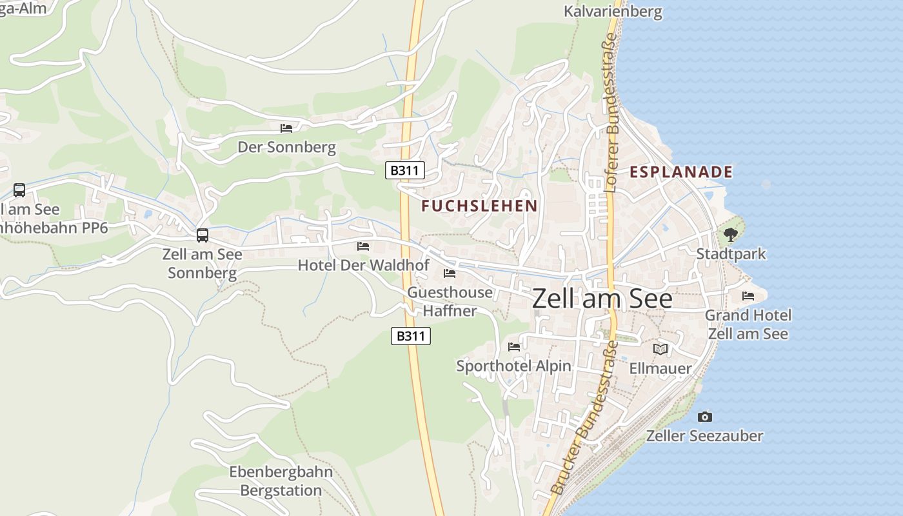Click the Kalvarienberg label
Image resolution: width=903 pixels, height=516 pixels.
(x=613, y=12)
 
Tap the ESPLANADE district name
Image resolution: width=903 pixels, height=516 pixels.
(x=681, y=172)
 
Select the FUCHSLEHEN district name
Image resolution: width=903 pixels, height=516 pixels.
(x=479, y=206)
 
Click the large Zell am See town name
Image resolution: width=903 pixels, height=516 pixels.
(x=602, y=299)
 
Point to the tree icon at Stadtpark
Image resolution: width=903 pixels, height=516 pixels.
(x=730, y=235)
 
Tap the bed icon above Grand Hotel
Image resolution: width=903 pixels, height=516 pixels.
(x=748, y=295)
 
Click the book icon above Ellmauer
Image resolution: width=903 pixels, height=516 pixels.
(x=660, y=349)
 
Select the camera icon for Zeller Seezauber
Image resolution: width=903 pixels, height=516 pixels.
(x=705, y=417)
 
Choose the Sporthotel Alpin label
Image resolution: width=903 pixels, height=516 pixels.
(x=513, y=366)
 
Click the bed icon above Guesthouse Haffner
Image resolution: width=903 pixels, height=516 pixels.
(x=450, y=273)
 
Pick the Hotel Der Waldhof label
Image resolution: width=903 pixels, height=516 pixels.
(x=363, y=265)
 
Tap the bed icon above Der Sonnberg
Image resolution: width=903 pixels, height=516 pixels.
(x=286, y=128)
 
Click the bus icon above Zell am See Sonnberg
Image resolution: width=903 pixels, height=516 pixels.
(x=203, y=235)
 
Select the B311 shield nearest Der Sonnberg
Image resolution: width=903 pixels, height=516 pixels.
(x=405, y=170)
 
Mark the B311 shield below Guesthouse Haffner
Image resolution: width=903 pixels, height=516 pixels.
(x=411, y=335)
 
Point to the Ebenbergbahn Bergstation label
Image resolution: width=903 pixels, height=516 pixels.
(x=281, y=481)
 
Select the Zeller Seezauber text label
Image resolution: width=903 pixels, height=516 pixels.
(x=704, y=436)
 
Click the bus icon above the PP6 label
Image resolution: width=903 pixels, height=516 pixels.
(x=19, y=190)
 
